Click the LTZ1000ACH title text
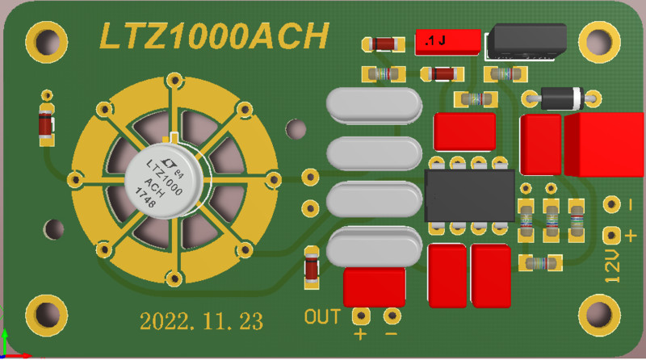pos(214,36)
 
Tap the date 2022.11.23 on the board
pos(202,320)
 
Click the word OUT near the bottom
pos(322,316)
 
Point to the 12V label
pos(614,266)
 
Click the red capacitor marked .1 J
pos(447,41)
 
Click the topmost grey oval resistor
pos(374,105)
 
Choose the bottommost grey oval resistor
pos(374,245)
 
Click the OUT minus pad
pos(392,315)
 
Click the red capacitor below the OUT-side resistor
pos(375,286)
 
